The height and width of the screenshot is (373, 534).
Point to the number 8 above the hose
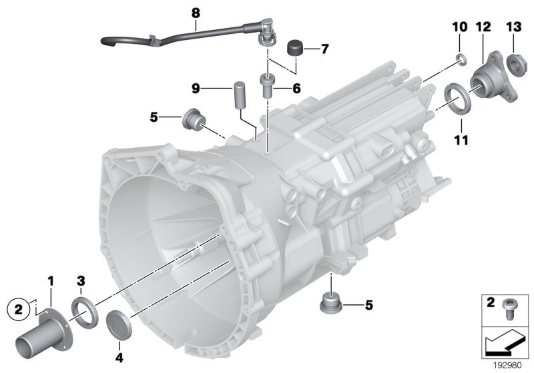(195, 13)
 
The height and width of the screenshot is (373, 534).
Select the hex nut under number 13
(515, 64)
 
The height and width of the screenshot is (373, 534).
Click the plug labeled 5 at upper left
(192, 121)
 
